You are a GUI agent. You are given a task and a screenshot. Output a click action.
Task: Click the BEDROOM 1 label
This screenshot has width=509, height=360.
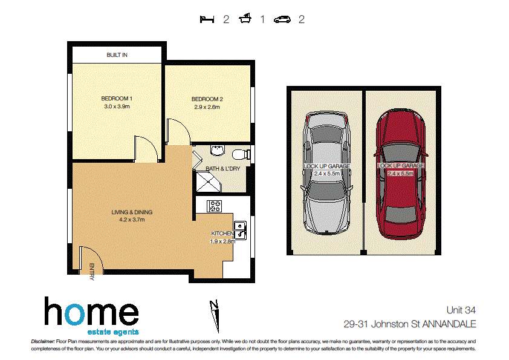117,99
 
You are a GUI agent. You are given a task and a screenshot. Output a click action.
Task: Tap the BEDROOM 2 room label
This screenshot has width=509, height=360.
207,99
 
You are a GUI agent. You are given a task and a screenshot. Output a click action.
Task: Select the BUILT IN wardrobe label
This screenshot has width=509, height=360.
117,55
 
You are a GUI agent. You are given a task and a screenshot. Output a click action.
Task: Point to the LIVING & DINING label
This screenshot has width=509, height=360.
132,212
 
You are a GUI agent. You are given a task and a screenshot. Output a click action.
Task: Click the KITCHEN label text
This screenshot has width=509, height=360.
222,234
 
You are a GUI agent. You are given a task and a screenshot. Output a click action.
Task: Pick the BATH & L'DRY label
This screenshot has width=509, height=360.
223,169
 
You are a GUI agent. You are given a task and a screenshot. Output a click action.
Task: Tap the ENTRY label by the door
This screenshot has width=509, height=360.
92,271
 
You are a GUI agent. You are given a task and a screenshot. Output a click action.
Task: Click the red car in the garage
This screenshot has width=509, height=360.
400,176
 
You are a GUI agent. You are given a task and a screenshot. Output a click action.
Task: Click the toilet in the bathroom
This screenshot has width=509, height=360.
242,153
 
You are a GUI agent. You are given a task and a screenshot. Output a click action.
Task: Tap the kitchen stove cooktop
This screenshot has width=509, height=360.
215,206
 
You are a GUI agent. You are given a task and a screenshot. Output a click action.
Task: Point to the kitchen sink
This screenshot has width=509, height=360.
240,229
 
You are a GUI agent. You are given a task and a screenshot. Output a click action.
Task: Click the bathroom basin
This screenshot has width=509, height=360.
216,151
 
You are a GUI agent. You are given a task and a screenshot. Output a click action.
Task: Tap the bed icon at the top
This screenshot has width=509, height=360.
207,19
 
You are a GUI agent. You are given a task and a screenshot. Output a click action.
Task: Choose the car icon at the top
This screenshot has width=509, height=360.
282,19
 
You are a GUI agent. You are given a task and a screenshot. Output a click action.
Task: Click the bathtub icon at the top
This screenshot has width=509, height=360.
245,19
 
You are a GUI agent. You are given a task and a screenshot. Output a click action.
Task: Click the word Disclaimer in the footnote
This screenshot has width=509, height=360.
42,342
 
